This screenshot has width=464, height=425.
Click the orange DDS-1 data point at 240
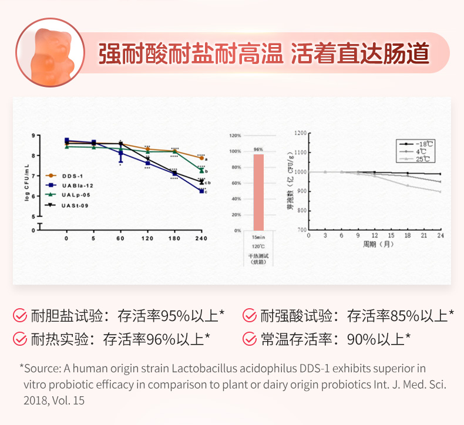201,158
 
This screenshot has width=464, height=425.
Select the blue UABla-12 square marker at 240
201,191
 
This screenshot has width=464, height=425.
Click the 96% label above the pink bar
258,150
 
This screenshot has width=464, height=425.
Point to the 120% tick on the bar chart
235,136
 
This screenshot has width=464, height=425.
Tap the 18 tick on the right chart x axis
408,235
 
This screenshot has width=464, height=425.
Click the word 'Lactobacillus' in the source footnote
200,368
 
